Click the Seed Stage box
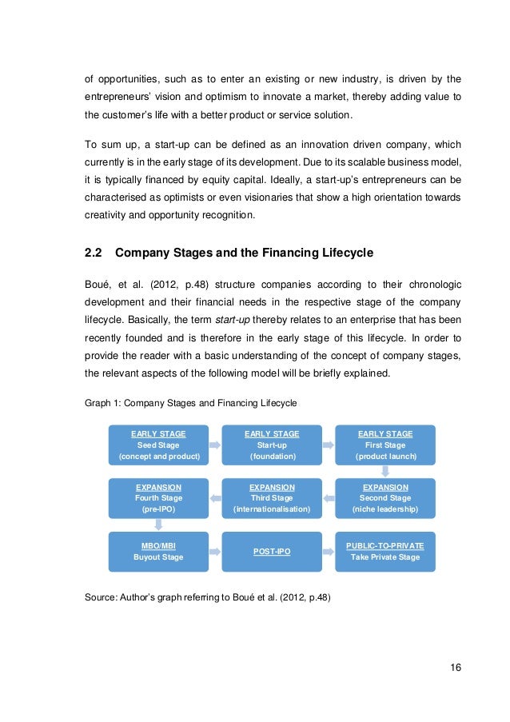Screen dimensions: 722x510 [x=158, y=445]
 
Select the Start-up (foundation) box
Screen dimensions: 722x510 [x=272, y=445]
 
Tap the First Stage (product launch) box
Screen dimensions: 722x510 [x=385, y=445]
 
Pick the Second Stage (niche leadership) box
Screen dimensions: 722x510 [x=385, y=498]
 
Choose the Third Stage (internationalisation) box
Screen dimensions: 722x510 [x=272, y=498]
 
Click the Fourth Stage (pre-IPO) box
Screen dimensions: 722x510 [x=158, y=498]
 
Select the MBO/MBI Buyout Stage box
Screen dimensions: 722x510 [x=158, y=551]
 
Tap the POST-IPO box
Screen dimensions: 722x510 [x=272, y=551]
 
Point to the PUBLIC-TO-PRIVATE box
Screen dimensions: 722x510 [x=385, y=551]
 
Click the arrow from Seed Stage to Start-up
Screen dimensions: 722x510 [x=215, y=443]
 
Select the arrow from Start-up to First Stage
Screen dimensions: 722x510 [x=329, y=443]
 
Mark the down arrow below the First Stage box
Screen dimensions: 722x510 [x=385, y=472]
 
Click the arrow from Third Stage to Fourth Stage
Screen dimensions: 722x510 [x=215, y=497]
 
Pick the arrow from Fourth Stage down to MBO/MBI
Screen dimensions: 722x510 [x=158, y=525]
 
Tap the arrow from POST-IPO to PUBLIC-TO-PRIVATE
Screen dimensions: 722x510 [x=329, y=551]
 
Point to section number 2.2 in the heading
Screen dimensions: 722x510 [x=94, y=253]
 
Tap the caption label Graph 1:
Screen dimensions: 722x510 [x=103, y=403]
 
